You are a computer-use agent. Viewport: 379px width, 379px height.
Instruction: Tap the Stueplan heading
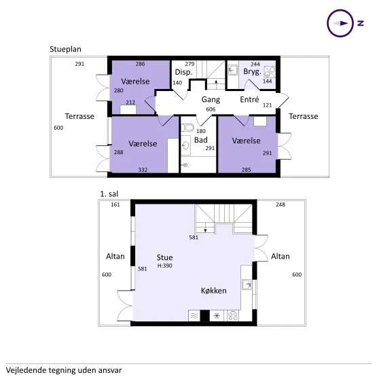tap(65, 50)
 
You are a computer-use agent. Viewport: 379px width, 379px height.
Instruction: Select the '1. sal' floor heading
tap(109, 194)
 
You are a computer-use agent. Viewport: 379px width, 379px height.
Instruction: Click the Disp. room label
tap(183, 72)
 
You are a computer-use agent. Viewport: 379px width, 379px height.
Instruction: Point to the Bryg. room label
tap(253, 72)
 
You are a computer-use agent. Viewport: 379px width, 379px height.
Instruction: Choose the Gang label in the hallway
tap(211, 100)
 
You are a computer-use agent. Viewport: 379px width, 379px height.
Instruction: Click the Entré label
tap(249, 99)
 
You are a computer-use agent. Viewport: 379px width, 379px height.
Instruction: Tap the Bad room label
tap(201, 140)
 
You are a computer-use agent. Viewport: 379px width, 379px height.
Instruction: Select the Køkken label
tap(214, 291)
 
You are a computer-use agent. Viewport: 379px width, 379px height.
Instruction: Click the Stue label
tap(164, 257)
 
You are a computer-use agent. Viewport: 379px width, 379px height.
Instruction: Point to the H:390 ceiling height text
tap(165, 266)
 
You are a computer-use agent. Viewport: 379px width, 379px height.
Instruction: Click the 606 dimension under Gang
tap(211, 109)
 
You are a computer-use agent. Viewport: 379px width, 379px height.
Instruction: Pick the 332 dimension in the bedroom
tap(143, 170)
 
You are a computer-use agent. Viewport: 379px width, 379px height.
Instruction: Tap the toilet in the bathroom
tap(188, 127)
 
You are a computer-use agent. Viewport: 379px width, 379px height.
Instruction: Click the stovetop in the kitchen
tap(233, 315)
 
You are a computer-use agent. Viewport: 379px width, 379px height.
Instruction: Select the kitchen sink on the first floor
tap(247, 284)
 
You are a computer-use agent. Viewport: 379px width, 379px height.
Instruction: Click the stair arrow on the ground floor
tap(217, 84)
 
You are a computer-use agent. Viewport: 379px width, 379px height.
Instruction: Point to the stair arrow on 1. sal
tap(205, 228)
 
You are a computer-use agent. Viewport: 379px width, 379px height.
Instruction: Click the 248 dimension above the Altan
tap(281, 204)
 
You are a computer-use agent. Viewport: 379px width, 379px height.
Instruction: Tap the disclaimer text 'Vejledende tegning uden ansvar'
tap(64, 370)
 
